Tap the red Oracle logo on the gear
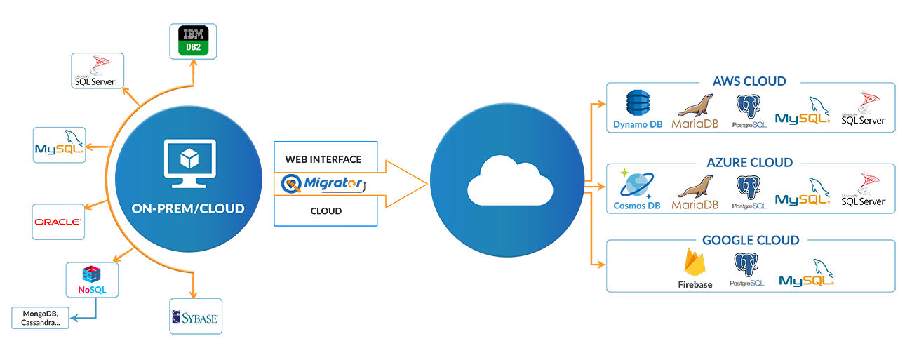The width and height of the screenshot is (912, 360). (58, 222)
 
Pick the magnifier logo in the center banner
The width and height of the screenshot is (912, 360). (290, 184)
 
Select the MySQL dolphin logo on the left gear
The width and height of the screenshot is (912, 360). (60, 144)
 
